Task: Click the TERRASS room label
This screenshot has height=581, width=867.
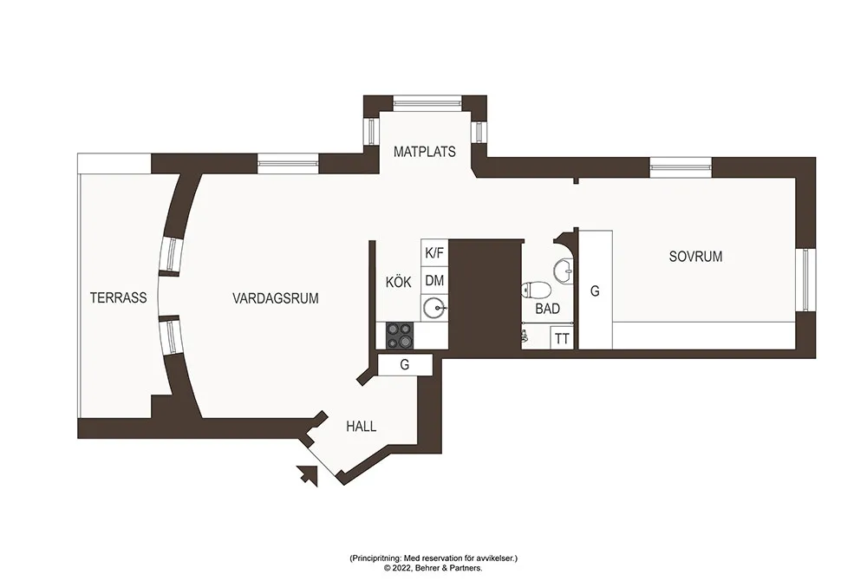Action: click(118, 298)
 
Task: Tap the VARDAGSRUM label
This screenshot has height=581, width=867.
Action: click(276, 298)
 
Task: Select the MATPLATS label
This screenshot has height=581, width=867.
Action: click(425, 152)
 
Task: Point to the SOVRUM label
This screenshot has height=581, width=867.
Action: click(695, 257)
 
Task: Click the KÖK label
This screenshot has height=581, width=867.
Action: click(399, 282)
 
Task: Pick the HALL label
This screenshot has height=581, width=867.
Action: click(361, 427)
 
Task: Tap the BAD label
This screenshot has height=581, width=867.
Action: click(547, 309)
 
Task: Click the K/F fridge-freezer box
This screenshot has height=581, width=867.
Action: click(434, 252)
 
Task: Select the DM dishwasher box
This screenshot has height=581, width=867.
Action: click(434, 280)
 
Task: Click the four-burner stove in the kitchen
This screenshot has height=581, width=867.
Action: click(400, 336)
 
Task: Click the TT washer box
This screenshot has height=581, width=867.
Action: click(563, 338)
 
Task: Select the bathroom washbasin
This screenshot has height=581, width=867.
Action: click(564, 271)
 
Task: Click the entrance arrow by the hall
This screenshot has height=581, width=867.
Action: click(308, 475)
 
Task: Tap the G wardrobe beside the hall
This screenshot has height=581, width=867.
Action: click(405, 365)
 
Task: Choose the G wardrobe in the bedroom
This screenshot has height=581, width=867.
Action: click(596, 290)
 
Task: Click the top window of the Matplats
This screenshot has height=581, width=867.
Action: click(427, 102)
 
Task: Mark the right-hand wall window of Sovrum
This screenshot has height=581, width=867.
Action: click(805, 279)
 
